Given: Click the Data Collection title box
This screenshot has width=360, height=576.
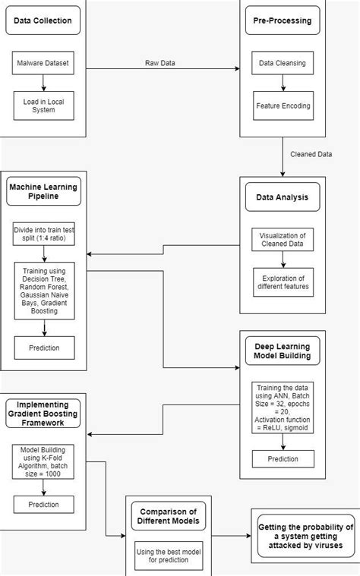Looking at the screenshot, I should [43, 21].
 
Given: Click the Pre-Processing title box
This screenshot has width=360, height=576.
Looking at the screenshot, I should [282, 21].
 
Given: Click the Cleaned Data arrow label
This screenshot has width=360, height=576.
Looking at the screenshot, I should [311, 154].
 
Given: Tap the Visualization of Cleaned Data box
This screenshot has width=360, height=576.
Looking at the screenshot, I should [282, 239].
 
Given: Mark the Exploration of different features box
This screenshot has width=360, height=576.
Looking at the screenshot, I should [282, 282].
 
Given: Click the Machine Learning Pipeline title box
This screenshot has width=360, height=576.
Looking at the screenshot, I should [43, 190].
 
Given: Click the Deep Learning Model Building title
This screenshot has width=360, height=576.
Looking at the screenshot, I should [282, 351].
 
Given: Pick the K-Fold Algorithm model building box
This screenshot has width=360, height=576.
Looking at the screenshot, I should [43, 462].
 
